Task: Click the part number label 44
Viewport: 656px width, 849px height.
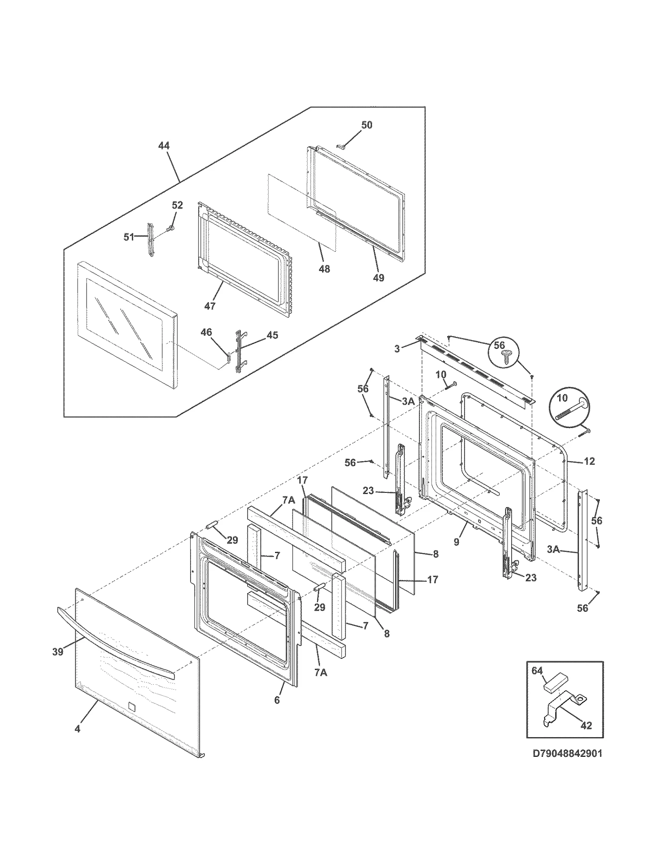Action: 164,146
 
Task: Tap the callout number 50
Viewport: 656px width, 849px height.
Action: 367,125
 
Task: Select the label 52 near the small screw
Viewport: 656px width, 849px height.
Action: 177,205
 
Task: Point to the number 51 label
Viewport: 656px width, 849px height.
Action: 129,237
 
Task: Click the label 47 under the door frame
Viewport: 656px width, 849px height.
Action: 210,305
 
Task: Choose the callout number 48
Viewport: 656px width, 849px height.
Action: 324,269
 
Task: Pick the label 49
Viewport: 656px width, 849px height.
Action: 378,278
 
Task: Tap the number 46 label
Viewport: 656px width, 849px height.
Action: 206,332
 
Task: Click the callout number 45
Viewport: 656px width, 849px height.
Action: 272,335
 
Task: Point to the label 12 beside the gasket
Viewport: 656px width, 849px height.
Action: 589,461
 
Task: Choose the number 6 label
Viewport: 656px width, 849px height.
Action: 277,700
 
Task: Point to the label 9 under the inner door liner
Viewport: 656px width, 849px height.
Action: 457,542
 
